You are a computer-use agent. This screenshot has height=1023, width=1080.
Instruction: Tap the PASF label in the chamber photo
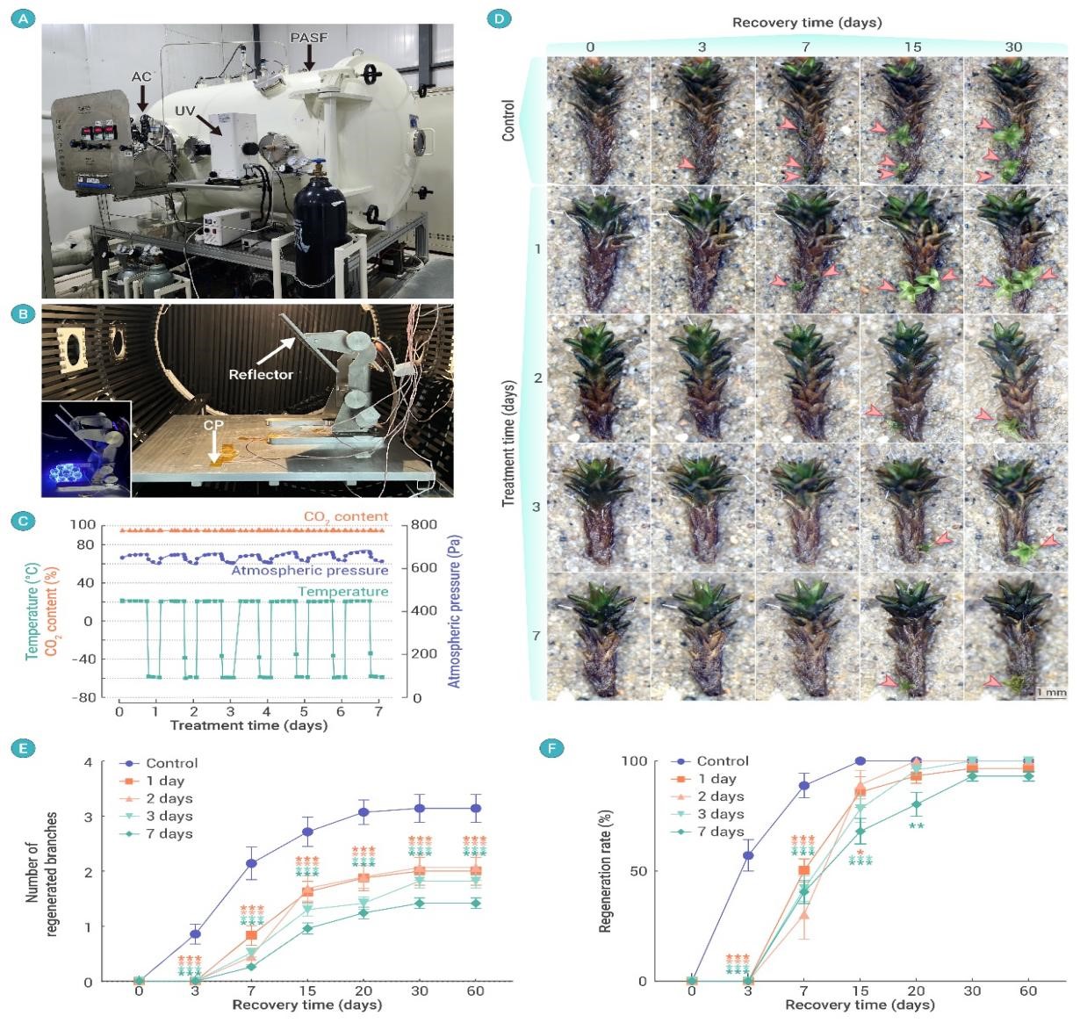(308, 39)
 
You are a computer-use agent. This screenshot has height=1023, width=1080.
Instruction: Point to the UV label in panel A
(184, 111)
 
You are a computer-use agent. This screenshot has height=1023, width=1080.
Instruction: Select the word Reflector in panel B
(261, 374)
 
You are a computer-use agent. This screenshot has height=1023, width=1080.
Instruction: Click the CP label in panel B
(213, 425)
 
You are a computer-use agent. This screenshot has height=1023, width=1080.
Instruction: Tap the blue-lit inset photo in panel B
(86, 449)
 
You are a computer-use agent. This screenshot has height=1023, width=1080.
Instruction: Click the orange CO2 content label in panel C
(345, 516)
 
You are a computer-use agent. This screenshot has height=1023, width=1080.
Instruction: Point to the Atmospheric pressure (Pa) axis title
(454, 611)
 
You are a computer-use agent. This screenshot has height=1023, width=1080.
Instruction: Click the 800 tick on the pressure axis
(423, 525)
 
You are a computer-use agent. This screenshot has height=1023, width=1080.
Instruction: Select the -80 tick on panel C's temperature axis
(84, 697)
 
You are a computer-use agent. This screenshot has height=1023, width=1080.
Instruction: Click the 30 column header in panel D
(1013, 47)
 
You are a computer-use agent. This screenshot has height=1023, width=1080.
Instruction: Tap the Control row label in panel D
(508, 120)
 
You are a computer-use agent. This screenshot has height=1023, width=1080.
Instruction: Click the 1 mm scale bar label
(1051, 693)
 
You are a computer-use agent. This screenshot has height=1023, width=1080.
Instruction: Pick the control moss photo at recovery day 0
(598, 120)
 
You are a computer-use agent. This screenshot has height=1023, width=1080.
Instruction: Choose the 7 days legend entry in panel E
(169, 834)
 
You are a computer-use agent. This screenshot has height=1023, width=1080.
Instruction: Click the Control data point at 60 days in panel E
(475, 808)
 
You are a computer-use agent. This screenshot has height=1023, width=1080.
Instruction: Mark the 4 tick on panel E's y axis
(88, 761)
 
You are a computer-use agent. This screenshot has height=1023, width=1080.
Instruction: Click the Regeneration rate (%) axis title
(605, 871)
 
